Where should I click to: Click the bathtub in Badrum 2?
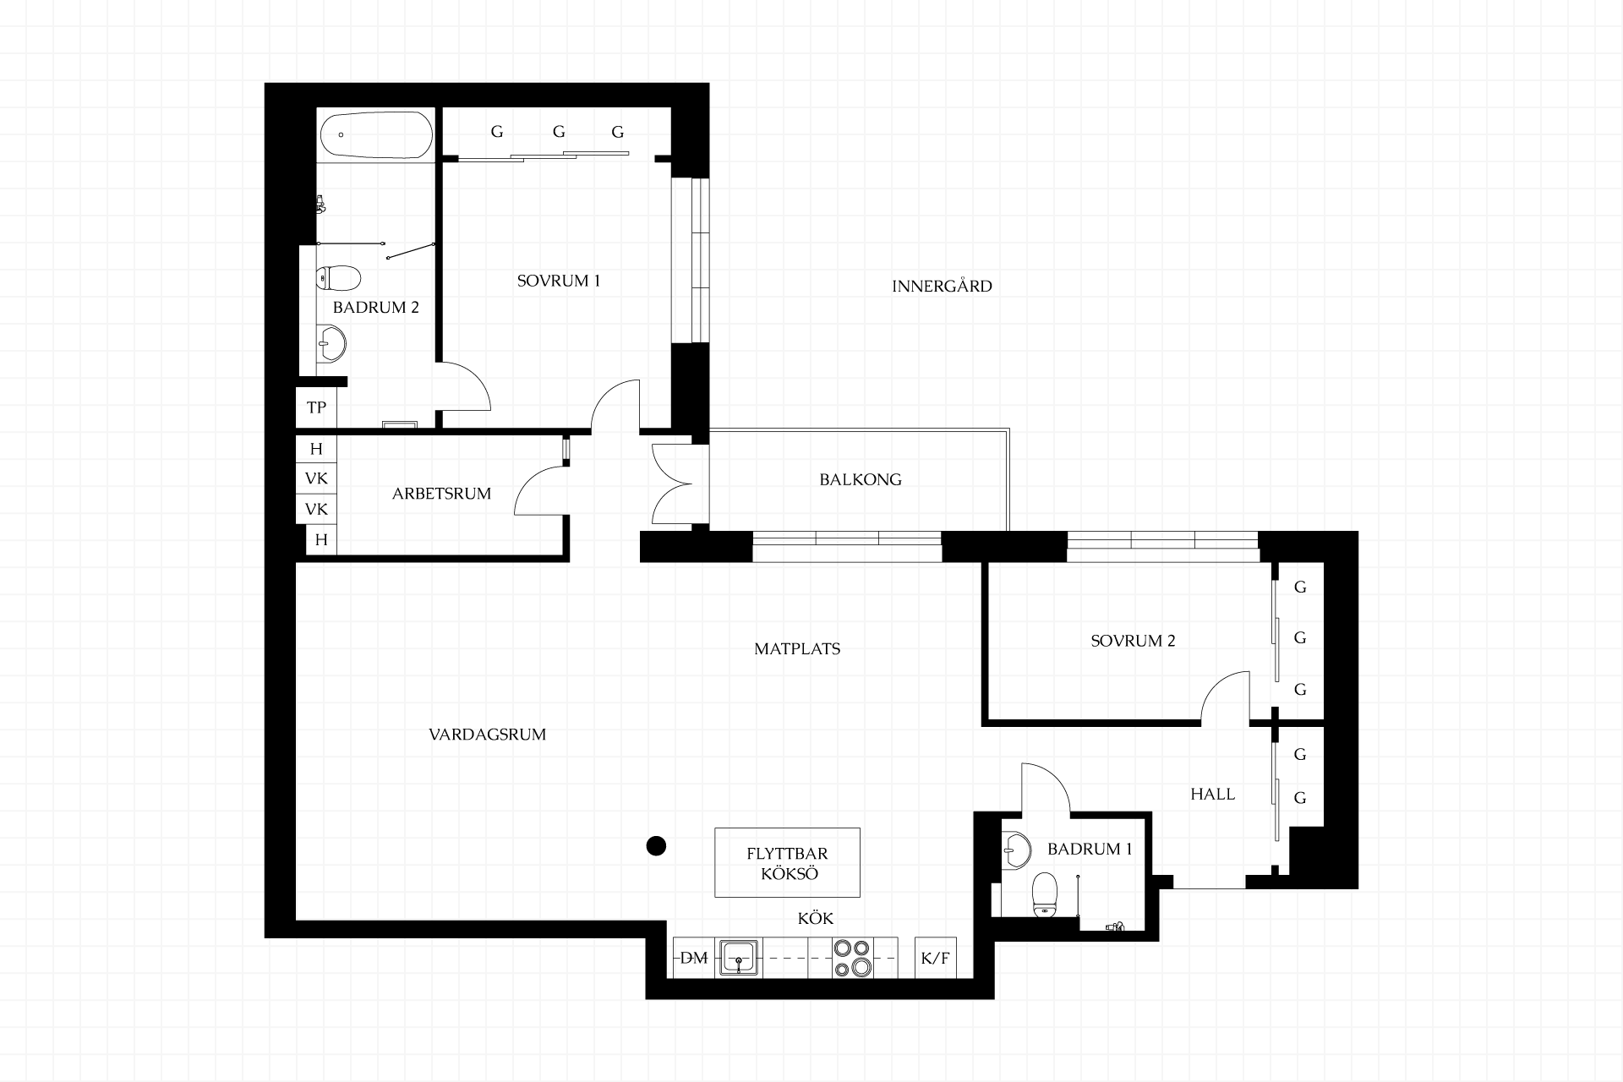377,134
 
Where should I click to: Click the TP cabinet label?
317,408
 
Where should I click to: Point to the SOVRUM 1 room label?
559,281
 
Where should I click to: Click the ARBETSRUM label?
441,494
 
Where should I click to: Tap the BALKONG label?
861,479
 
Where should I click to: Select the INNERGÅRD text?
942,286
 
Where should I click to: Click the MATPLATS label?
797,649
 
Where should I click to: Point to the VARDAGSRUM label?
488,735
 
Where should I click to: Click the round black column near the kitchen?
656,845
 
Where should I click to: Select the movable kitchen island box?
787,862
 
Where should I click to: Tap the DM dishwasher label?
694,959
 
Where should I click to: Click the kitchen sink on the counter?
739,959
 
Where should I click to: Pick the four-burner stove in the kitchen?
852,958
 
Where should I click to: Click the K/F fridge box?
936,959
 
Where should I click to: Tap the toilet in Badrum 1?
1046,895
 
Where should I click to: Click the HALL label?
1213,795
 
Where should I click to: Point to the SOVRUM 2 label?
1133,641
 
